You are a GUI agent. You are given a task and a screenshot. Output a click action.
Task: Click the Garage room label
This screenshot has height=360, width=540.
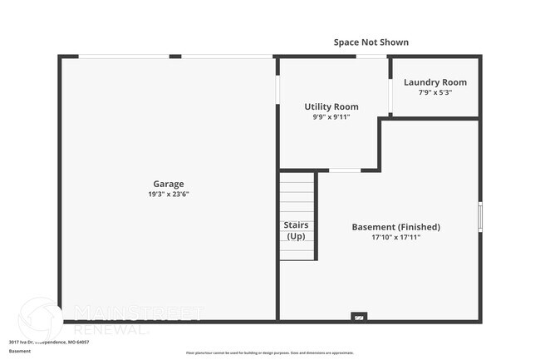pos(168,184)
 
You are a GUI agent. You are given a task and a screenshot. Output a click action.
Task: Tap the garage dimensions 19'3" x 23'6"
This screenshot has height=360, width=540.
pos(168,194)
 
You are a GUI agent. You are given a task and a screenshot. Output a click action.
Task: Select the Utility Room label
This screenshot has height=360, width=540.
pos(331,106)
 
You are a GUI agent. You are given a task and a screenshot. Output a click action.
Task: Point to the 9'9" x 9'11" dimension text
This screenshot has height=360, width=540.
pos(331,116)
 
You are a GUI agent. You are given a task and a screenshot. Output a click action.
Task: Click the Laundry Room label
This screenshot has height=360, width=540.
pos(434,82)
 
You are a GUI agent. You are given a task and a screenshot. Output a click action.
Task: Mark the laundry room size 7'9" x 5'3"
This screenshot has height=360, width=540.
pos(434,92)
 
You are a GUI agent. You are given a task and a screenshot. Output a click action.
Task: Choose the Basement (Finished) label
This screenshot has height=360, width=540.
pos(395,227)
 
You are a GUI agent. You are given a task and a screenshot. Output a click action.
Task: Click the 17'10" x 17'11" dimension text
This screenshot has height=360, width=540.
pos(395,237)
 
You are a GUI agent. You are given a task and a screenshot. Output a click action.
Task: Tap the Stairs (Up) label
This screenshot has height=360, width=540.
pos(297,230)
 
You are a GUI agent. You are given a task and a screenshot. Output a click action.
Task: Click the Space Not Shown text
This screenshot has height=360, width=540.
pos(371,42)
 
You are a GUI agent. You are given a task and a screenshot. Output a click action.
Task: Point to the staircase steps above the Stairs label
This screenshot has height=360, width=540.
pos(297,195)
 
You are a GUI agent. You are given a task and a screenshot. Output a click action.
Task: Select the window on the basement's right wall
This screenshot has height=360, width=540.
pos(479,215)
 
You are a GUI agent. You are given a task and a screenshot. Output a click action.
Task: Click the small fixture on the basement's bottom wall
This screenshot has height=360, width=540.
pos(359,317)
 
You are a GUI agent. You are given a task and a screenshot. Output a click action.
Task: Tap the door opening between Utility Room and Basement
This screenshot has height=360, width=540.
pos(345,170)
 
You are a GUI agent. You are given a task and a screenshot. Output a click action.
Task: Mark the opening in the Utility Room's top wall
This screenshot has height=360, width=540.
pos(369,57)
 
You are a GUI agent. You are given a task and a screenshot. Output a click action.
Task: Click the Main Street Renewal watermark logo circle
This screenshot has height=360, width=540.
pos(41,318)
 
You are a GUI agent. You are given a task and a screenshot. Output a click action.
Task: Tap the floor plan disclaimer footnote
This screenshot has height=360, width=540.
pos(269,353)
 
